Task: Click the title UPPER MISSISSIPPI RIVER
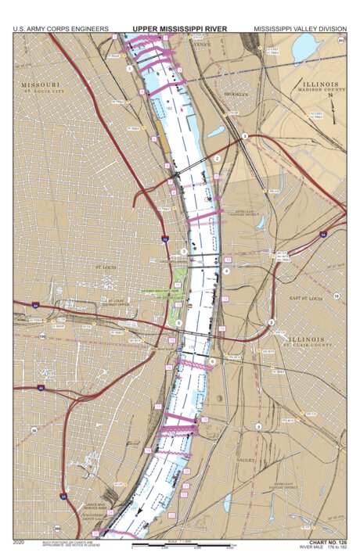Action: coord(179,29)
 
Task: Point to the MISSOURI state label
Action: coord(41,84)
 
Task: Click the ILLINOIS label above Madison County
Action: coord(317,84)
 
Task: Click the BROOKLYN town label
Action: coord(235,94)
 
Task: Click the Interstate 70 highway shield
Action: coord(165,237)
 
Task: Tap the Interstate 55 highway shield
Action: coord(63,496)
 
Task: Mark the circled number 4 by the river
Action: coord(225,271)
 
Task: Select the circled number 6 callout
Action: coord(211,361)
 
